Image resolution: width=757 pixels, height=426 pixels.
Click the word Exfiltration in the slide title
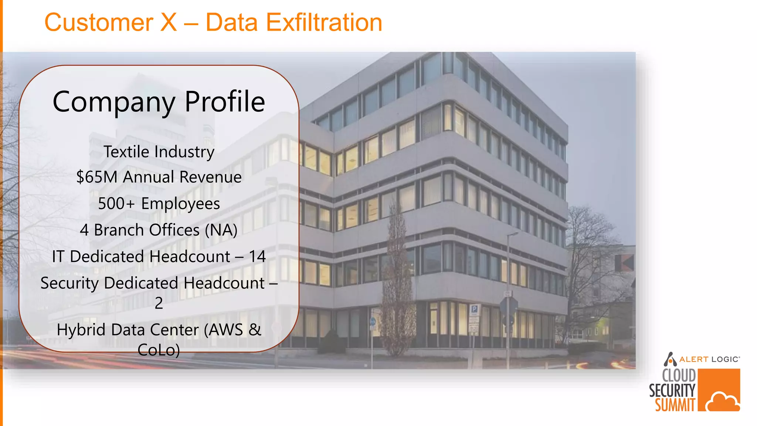point(324,23)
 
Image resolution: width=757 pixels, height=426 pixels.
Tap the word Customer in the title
point(98,23)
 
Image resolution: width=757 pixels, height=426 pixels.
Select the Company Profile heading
point(159,102)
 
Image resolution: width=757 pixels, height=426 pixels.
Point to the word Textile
point(126,152)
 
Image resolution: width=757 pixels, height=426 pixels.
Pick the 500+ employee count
point(116,204)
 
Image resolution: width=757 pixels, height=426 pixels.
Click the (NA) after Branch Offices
point(221,230)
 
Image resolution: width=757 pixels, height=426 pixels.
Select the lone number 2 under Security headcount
point(159,303)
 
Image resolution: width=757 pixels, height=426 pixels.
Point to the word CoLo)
point(159,350)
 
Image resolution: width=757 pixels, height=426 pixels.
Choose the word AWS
point(225,330)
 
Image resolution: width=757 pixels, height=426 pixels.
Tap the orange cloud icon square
point(719,390)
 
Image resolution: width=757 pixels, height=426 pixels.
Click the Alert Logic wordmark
point(709,359)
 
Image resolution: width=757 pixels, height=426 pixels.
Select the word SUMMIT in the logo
point(675,405)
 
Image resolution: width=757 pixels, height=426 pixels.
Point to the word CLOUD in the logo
point(679,376)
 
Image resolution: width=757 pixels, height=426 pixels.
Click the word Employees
point(180,204)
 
